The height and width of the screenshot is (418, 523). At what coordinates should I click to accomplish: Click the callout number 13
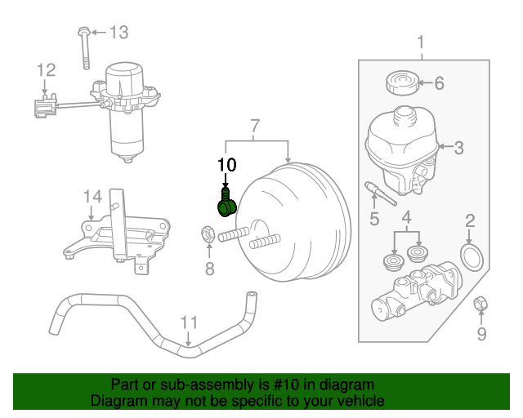click(118, 33)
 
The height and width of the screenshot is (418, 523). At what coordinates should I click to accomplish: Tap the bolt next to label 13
click(84, 48)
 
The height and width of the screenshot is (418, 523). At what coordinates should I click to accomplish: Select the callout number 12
click(46, 70)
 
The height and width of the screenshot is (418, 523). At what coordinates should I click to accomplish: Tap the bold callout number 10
click(226, 164)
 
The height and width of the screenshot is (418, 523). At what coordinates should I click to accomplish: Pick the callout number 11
click(189, 322)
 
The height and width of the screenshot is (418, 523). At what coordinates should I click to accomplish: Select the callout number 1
click(421, 42)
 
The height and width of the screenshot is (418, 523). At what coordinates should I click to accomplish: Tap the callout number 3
click(458, 148)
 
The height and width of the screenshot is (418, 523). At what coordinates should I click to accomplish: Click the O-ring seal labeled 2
click(472, 256)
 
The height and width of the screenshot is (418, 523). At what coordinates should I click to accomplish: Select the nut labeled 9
click(481, 305)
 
